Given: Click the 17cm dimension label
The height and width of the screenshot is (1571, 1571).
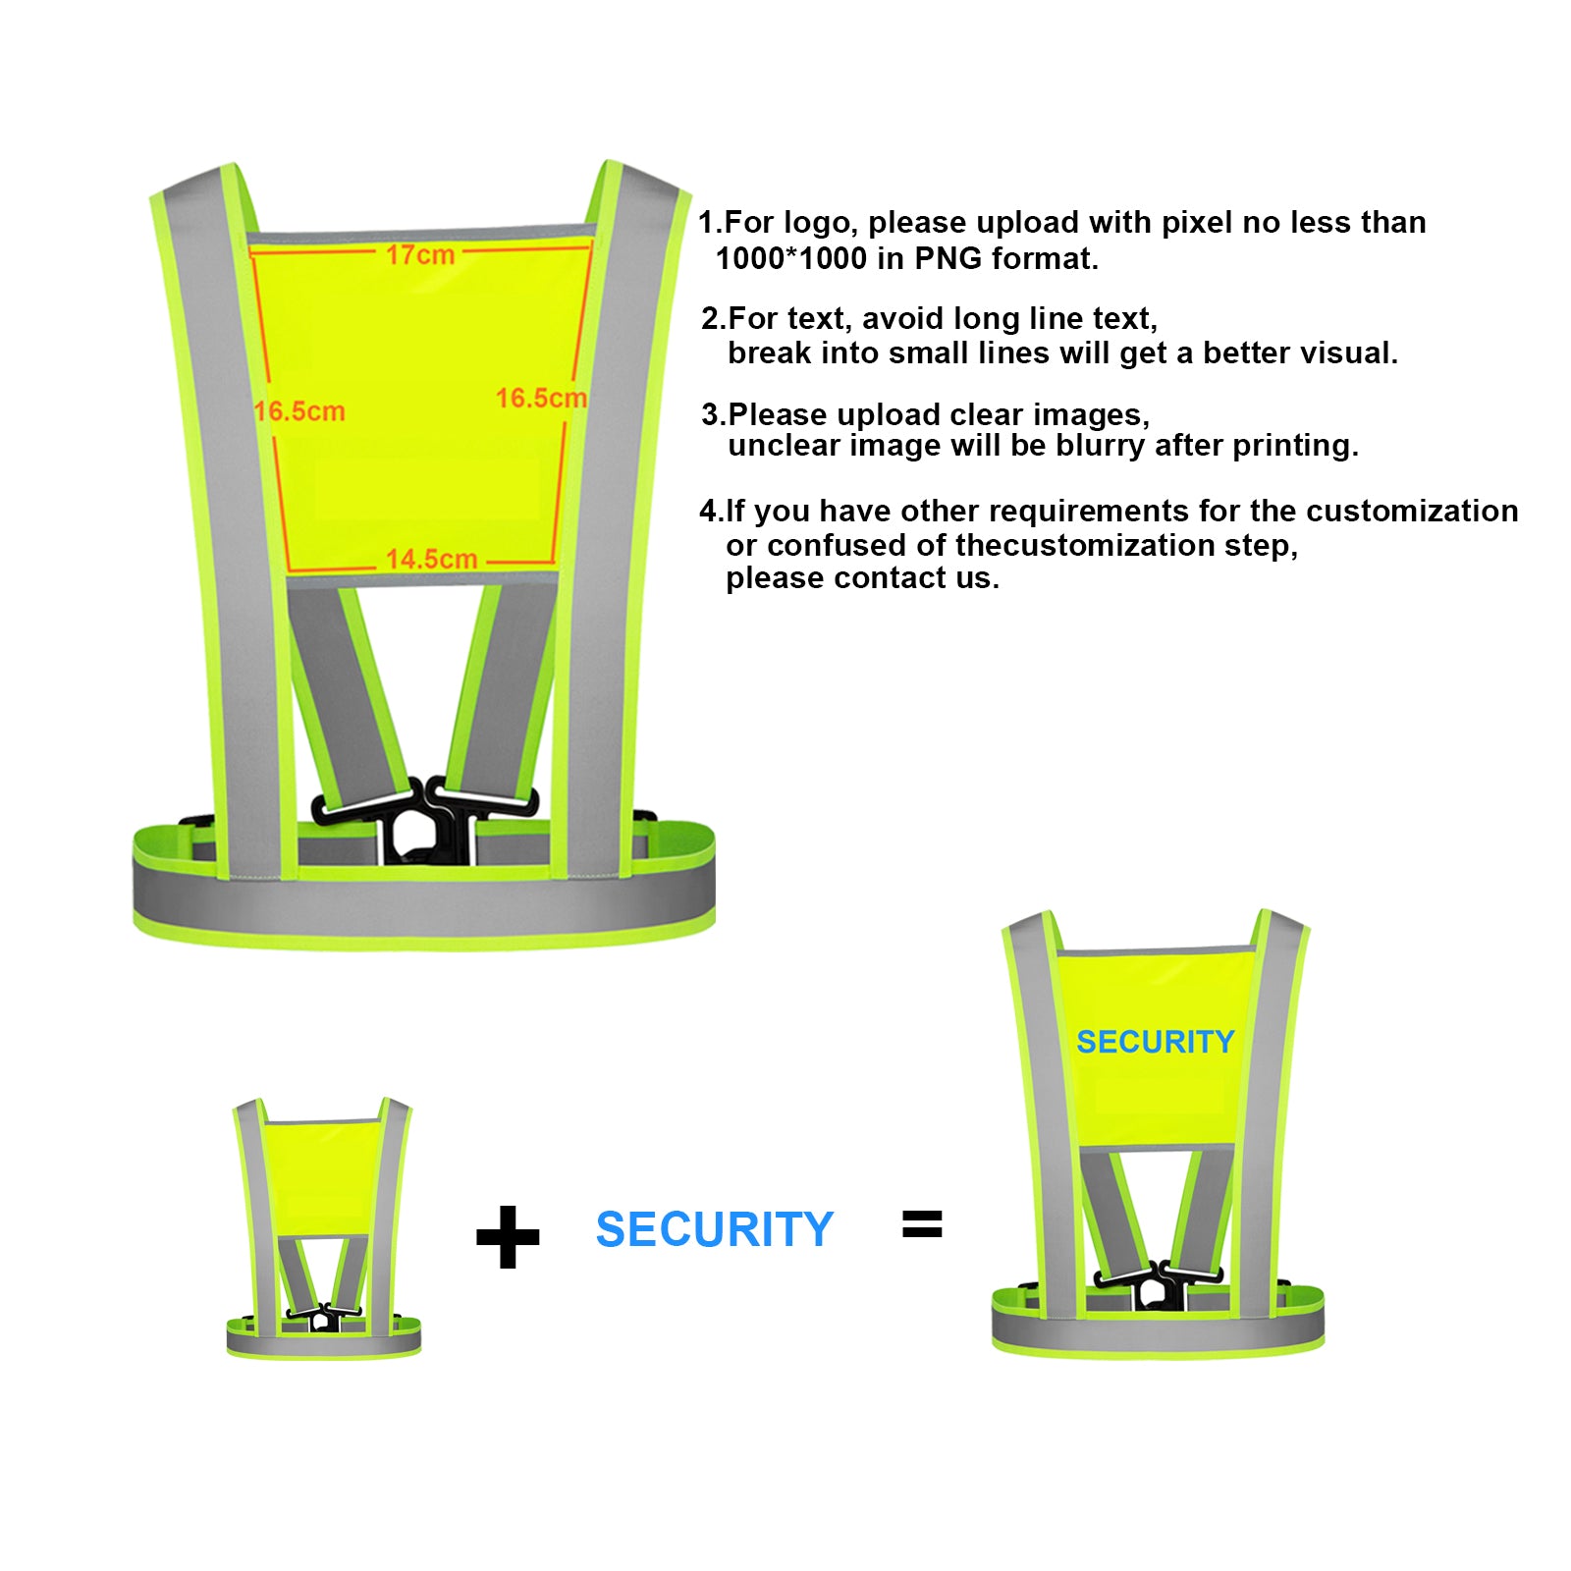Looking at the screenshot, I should [419, 254].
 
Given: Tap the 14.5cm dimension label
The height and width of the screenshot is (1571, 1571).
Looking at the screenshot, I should [431, 559].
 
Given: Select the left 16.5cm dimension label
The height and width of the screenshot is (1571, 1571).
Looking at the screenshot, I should [299, 411].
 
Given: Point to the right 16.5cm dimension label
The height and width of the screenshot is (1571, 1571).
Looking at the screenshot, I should [541, 398].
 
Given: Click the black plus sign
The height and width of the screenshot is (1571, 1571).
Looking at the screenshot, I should [508, 1237].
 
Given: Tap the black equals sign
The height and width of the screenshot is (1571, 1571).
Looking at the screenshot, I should [922, 1224].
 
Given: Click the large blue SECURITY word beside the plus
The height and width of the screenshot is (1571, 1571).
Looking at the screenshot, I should [714, 1229].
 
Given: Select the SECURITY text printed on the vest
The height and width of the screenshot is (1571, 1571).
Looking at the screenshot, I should [1155, 1042].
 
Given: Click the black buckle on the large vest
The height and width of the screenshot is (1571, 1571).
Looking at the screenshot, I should [424, 820].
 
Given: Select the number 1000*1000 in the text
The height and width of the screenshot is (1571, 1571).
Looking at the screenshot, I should [791, 259].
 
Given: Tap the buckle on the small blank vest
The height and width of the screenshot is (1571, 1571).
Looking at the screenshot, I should [323, 1318].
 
